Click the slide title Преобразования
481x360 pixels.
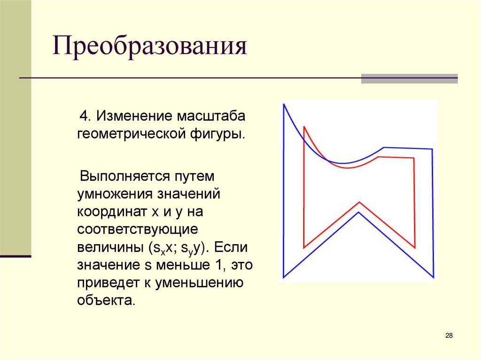150,48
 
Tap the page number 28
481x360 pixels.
449,336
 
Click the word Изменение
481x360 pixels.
135,116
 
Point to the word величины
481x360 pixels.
110,247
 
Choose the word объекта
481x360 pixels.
106,300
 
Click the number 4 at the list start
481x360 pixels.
84,116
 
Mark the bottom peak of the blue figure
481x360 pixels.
358,213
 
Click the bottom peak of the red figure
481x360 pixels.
359,202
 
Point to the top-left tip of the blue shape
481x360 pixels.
284,105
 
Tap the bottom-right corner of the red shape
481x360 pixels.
415,247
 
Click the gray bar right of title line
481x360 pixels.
409,78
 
